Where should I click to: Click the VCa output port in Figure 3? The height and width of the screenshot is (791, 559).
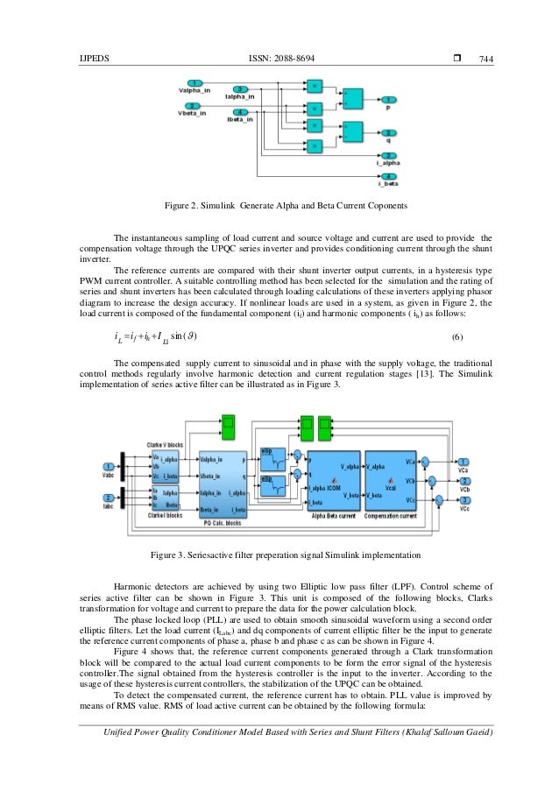(463, 462)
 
